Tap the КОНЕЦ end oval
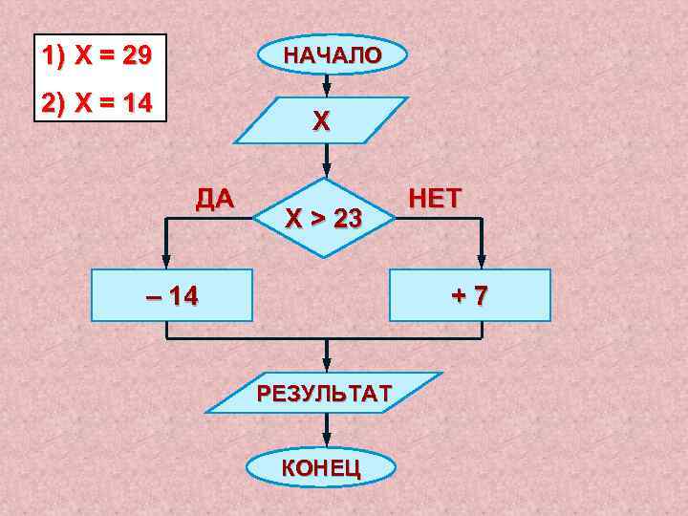point(320,467)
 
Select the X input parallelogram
point(322,120)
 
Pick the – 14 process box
point(172,295)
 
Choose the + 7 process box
point(470,295)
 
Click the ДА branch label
point(213,199)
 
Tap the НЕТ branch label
point(435,198)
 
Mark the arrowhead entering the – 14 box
point(167,263)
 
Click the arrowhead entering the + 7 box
point(481,263)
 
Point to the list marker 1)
point(54,55)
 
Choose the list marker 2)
point(54,101)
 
